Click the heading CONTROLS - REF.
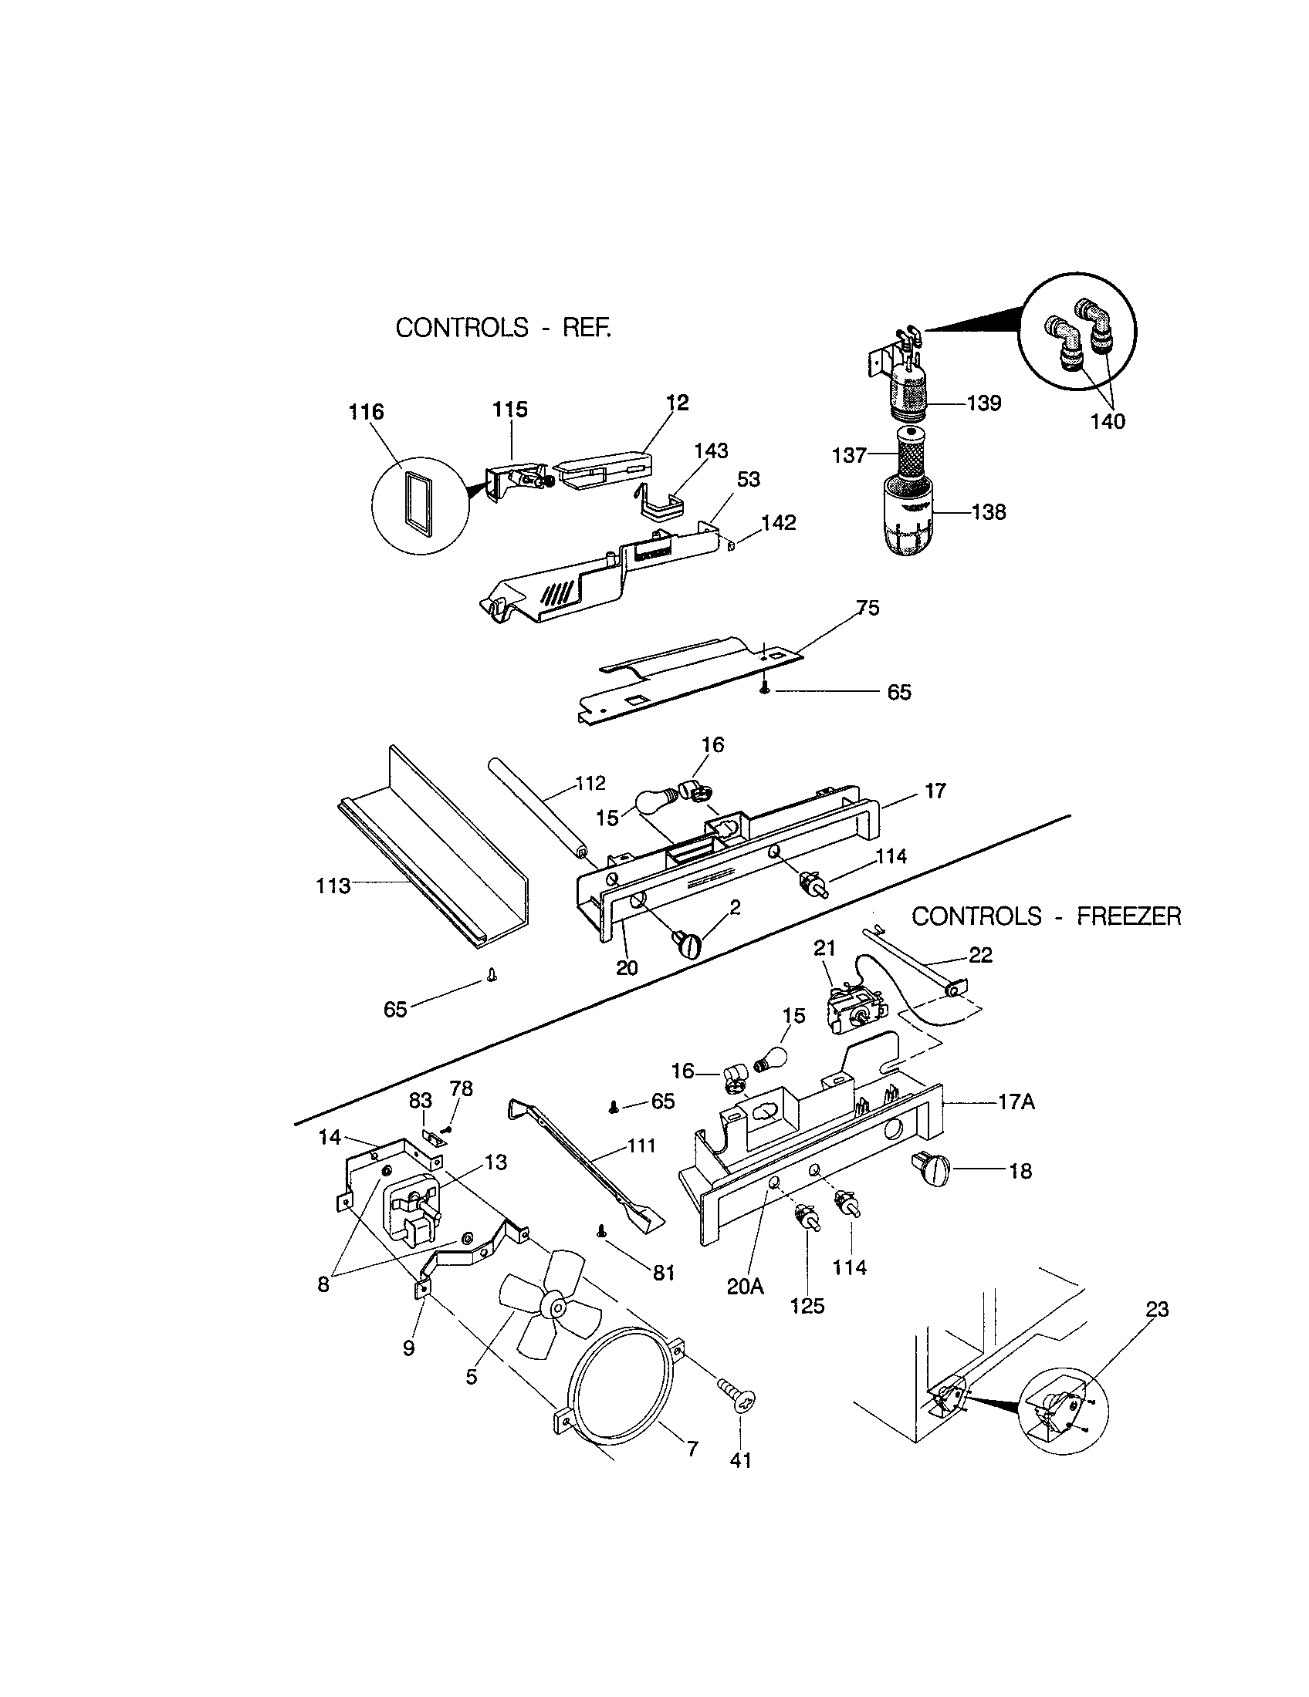503,328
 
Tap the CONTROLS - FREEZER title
1046,916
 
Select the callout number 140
1108,421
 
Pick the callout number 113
333,885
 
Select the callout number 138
989,512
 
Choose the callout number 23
1157,1309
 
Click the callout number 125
807,1306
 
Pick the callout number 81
663,1272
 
